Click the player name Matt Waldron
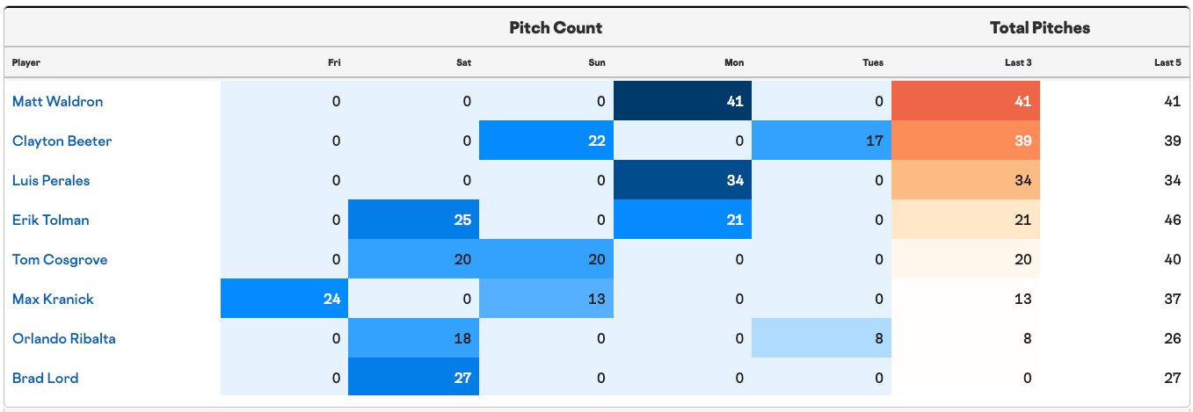coord(57,101)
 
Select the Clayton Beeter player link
coord(62,141)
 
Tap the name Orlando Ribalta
coord(64,338)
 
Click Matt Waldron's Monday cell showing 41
coord(682,101)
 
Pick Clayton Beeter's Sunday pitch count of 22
coord(546,140)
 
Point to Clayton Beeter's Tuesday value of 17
coord(821,140)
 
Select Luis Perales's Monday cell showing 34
coord(682,180)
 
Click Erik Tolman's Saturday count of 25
coord(413,220)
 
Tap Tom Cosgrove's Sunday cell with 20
coord(546,258)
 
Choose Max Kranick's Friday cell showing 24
coord(284,298)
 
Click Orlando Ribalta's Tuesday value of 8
coord(821,338)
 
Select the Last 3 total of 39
coord(965,140)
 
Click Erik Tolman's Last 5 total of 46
coord(1172,220)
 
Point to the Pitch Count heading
coord(556,28)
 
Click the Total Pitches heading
coord(1040,28)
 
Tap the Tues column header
coord(873,63)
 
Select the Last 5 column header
coord(1168,63)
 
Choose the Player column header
coord(26,63)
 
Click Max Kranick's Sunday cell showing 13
coord(546,298)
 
